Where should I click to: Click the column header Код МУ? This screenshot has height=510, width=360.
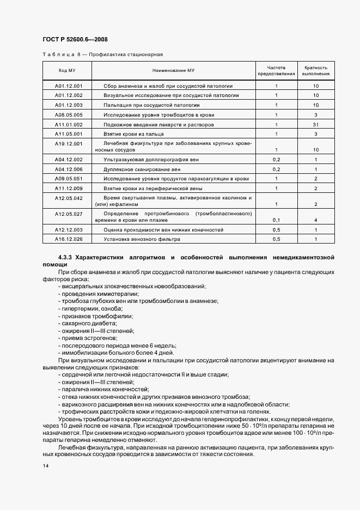coord(67,70)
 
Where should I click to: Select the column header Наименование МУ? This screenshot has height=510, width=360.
coord(173,70)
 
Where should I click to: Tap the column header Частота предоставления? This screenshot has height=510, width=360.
coord(276,70)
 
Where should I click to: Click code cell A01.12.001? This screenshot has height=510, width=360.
coord(69,86)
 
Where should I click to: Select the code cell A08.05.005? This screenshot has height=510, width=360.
coord(69,115)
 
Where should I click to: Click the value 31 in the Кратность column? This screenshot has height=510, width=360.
coord(316,124)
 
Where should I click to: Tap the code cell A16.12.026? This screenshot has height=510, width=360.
coord(69,239)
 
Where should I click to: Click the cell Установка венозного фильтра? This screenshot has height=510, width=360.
coord(142,239)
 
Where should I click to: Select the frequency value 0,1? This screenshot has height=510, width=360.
coord(276,220)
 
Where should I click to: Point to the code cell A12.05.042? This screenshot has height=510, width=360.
coord(69,198)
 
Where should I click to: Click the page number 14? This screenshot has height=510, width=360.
coord(46,466)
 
